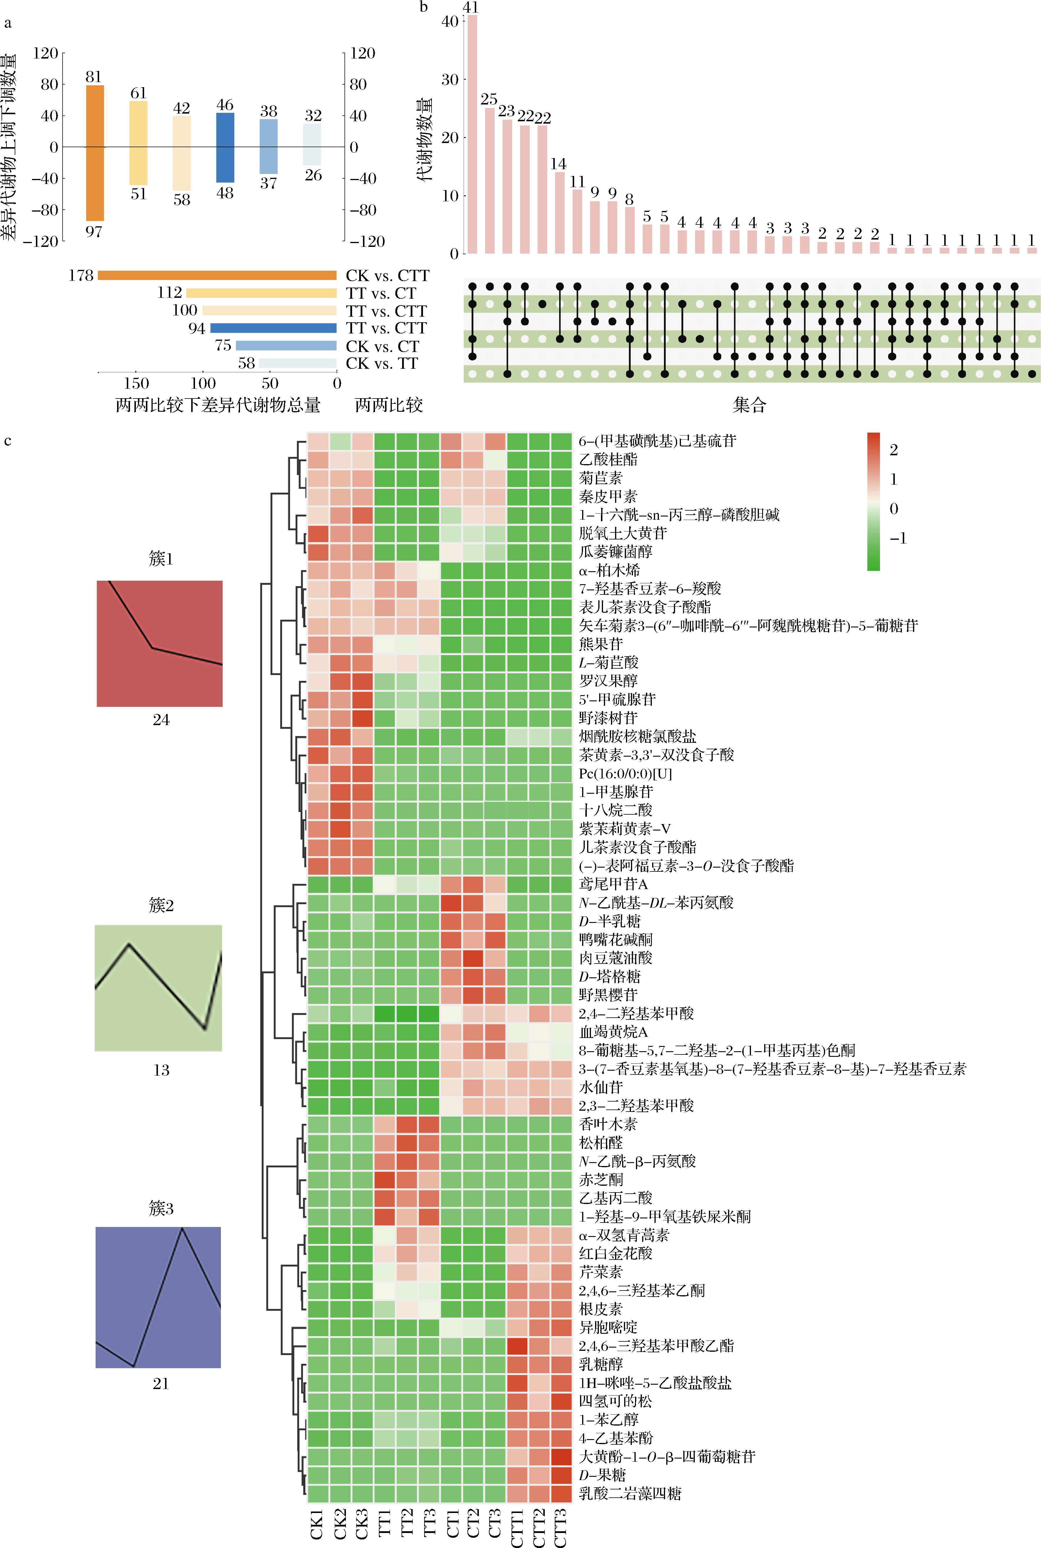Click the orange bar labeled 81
(x=95, y=153)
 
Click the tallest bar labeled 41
(x=472, y=134)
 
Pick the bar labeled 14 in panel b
(x=560, y=212)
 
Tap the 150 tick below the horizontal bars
(x=136, y=383)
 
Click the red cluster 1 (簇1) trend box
(x=159, y=644)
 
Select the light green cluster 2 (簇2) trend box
(x=158, y=987)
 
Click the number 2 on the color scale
(x=894, y=450)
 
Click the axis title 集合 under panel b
(x=749, y=404)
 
